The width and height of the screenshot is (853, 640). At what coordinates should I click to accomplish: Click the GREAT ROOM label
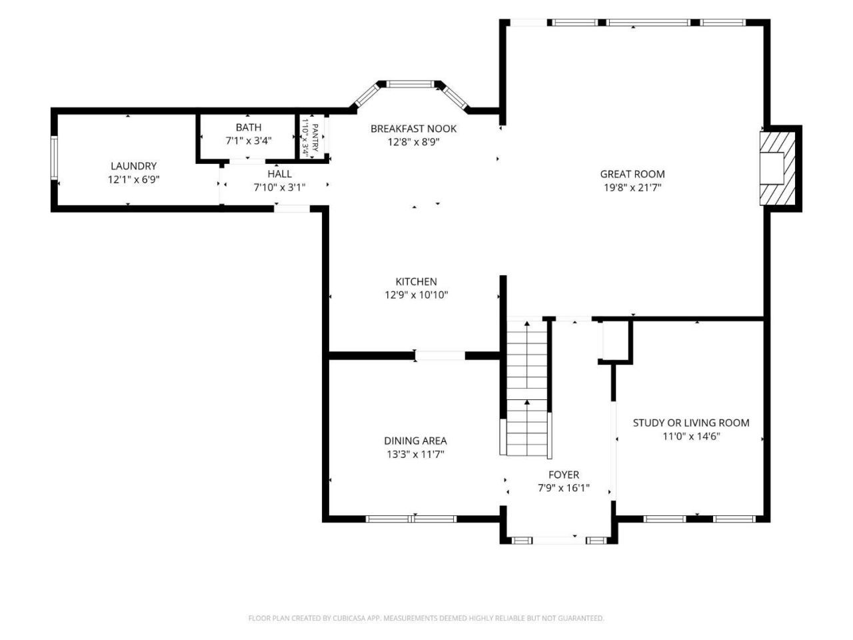[x=632, y=174]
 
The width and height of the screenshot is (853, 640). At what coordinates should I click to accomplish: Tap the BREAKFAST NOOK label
[x=413, y=129]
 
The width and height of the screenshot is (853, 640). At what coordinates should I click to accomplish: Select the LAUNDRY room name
[x=134, y=166]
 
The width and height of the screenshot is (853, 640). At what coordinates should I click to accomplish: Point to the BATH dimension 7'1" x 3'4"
[x=249, y=141]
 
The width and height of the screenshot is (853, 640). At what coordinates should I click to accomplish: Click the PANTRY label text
[x=315, y=137]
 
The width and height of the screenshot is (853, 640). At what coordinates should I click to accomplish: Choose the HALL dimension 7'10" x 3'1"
[x=279, y=188]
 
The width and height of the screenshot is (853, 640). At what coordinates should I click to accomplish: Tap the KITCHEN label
[x=417, y=281]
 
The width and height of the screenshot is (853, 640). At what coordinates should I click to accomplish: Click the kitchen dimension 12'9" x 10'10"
[x=417, y=295]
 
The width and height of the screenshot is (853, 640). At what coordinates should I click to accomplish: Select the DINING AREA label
[x=415, y=441]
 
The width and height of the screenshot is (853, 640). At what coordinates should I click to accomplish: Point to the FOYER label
[x=564, y=475]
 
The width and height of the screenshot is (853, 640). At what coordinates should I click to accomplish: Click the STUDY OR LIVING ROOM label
[x=691, y=423]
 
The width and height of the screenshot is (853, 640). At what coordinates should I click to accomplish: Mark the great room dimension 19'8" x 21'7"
[x=632, y=188]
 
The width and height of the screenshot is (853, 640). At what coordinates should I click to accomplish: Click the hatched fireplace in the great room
[x=777, y=168]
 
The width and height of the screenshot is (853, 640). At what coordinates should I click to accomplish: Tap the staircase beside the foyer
[x=526, y=387]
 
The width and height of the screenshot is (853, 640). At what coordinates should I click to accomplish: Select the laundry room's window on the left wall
[x=54, y=158]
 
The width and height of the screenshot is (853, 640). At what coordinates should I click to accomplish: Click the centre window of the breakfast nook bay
[x=410, y=84]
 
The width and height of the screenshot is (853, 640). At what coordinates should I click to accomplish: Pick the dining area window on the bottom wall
[x=411, y=519]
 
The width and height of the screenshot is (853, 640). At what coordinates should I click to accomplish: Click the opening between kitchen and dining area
[x=440, y=355]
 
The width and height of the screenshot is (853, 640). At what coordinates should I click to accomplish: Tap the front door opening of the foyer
[x=559, y=540]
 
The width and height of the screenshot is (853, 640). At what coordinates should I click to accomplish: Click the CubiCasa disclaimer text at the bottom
[x=426, y=618]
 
